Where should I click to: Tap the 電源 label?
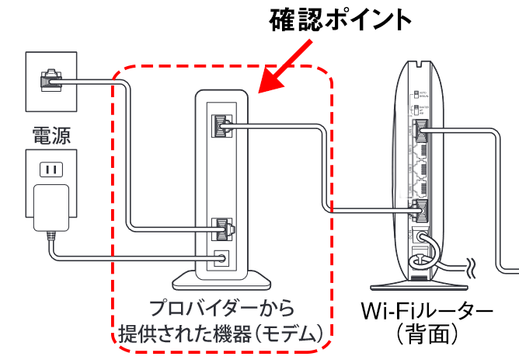[x=51, y=137]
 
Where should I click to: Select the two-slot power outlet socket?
[x=51, y=169]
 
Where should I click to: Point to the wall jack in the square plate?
[x=51, y=78]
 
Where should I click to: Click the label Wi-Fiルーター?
[x=427, y=311]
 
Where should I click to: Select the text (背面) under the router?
[x=427, y=335]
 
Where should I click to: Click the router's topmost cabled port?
[x=422, y=130]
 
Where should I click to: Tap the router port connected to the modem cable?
[x=422, y=208]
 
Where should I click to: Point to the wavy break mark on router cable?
[x=471, y=269]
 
